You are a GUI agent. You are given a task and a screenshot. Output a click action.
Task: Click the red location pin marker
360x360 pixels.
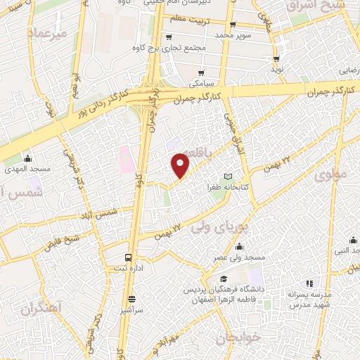click(x=181, y=165)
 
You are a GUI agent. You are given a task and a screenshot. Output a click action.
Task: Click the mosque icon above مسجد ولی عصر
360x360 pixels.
click(x=240, y=247)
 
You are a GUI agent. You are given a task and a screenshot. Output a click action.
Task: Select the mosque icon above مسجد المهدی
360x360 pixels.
click(x=27, y=159)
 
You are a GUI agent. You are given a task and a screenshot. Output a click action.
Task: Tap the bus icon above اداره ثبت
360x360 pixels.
click(x=128, y=257)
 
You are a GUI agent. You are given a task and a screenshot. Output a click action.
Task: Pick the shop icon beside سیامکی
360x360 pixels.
click(x=201, y=72)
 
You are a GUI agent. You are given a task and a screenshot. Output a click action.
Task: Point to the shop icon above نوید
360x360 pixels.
click(x=276, y=59)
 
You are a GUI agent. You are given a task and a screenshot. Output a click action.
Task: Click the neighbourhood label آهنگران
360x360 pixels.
click(x=42, y=308)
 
